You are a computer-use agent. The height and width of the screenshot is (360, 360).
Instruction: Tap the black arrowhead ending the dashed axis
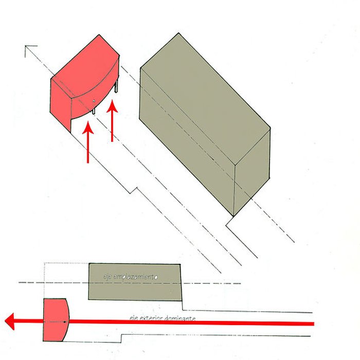click(x=29, y=49)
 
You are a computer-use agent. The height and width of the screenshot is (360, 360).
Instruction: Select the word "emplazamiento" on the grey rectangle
click(x=135, y=277)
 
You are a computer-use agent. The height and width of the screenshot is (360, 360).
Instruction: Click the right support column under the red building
click(x=117, y=85)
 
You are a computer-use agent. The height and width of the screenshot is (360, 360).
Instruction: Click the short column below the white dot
click(x=94, y=109)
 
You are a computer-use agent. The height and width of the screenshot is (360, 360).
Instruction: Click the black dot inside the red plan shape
click(x=65, y=322)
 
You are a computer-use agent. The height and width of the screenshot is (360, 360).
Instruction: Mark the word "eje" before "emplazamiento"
click(x=107, y=278)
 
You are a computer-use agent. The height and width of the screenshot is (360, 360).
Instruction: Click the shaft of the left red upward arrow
click(x=88, y=149)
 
